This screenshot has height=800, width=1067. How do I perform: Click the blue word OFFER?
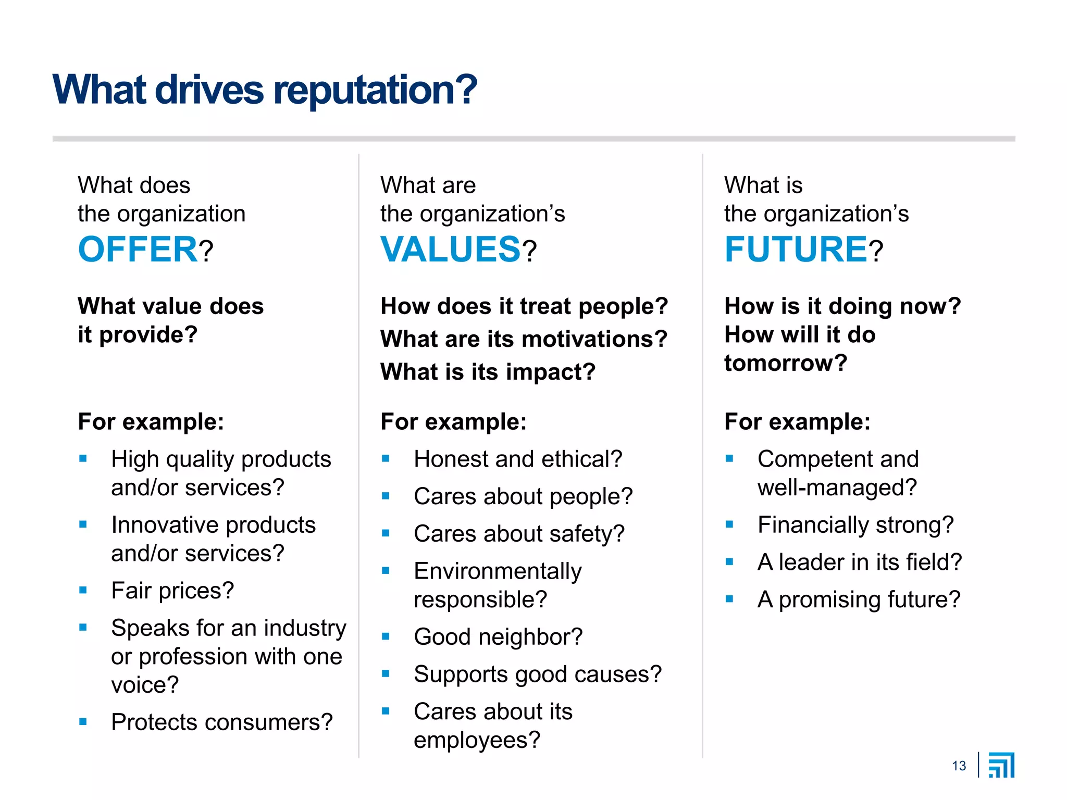pos(138,249)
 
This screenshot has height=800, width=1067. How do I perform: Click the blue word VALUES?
pos(451,249)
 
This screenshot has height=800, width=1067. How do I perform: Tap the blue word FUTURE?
pos(796,249)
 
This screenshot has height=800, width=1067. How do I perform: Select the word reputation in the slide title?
pos(375,90)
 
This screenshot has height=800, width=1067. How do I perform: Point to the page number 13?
pos(959,766)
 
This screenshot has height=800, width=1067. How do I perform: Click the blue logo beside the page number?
pos(1001,765)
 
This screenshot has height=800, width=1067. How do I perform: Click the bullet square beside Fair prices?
pos(83,590)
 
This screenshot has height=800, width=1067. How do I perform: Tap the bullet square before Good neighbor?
pos(386,636)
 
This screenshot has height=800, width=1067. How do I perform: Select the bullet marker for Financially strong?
pos(729,524)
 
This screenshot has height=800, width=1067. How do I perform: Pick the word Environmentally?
pos(498,571)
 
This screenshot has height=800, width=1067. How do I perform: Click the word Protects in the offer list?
pos(154,722)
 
